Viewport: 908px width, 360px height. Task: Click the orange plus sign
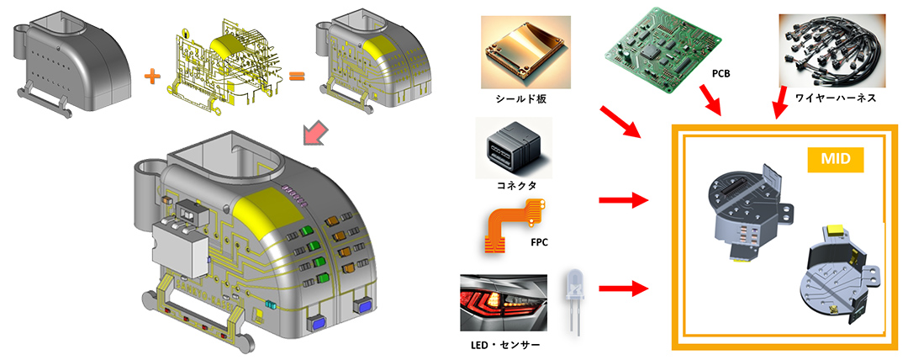[x=151, y=77]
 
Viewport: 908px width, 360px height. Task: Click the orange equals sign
[x=296, y=79]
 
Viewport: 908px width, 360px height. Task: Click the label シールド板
[x=518, y=98]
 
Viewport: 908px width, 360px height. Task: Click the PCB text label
[x=721, y=74]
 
